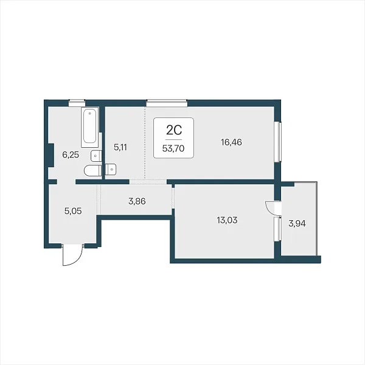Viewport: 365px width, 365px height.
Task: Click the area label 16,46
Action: point(231,142)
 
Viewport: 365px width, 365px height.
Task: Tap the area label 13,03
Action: point(227,220)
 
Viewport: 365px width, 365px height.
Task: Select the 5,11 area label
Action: point(120,147)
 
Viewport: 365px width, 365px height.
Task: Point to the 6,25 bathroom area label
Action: point(71,155)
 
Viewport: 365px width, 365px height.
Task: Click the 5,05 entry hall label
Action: point(73,211)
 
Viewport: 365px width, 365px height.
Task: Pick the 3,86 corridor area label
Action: point(137,201)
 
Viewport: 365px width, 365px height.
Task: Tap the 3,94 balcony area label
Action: point(297,223)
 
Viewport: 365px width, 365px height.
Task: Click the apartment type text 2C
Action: point(174,130)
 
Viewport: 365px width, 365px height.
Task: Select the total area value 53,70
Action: point(173,148)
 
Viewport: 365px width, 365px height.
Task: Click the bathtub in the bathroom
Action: point(89,127)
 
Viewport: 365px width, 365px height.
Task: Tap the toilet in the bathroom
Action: point(93,170)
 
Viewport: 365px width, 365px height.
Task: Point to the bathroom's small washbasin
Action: point(96,156)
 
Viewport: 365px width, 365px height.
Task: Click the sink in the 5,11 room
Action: point(111,170)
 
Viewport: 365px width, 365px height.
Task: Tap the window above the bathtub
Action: point(77,103)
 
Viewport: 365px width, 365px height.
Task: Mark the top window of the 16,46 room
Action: point(167,103)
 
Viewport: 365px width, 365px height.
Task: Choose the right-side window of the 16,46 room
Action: point(278,142)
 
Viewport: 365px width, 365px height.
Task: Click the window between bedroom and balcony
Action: point(278,229)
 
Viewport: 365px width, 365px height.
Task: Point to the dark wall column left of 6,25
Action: point(50,155)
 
